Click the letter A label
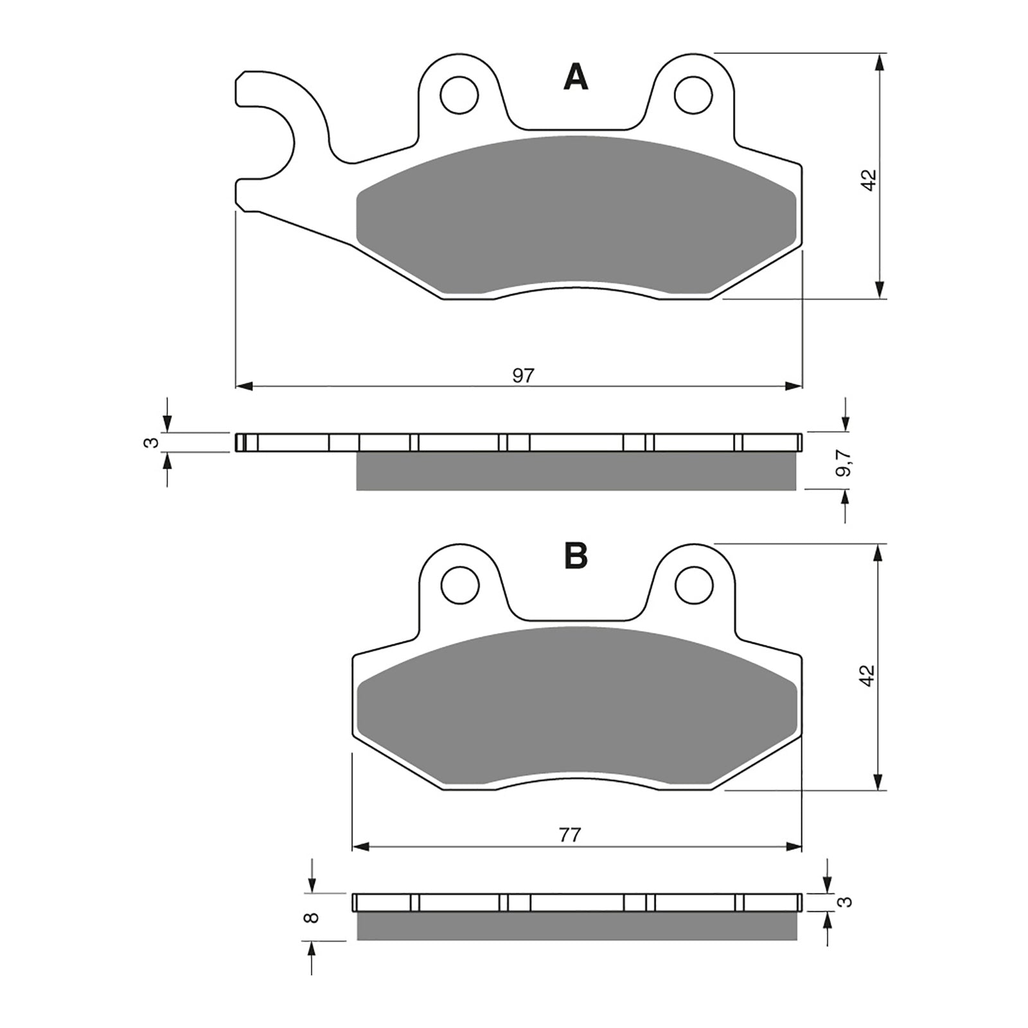click(x=576, y=78)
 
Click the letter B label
click(x=576, y=556)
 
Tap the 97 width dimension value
click(x=523, y=376)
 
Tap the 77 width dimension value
click(x=570, y=835)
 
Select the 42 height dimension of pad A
click(x=869, y=180)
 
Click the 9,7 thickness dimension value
click(x=844, y=463)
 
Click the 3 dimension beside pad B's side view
click(x=847, y=902)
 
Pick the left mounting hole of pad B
click(x=460, y=585)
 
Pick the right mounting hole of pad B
click(x=695, y=585)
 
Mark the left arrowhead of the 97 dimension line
click(x=244, y=386)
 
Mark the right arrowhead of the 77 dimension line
click(x=795, y=847)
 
